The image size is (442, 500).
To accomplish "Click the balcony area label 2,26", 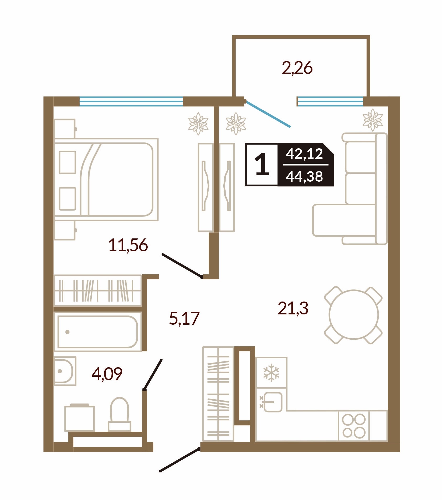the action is (x=297, y=68).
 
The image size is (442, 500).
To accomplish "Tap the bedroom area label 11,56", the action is (x=128, y=245).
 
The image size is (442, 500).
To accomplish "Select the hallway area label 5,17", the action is (x=184, y=318).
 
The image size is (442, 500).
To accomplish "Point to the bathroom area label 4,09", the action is (x=107, y=374).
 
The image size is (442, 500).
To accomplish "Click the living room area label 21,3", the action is (x=293, y=308).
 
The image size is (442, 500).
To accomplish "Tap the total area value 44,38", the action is (x=304, y=176).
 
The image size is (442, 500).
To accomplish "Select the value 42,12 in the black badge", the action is (x=304, y=154).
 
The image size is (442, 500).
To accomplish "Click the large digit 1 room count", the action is (x=262, y=165).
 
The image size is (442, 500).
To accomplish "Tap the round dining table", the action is (x=354, y=314).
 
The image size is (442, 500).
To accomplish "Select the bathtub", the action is (x=98, y=332).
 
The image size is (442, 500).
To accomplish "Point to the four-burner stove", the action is (x=354, y=426).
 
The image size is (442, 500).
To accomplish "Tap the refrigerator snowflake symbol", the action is (x=271, y=373).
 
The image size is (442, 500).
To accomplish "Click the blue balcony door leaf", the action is (x=268, y=114).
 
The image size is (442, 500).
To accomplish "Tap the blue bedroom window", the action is (x=131, y=101).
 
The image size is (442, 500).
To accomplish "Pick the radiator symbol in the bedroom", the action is (x=198, y=124).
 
